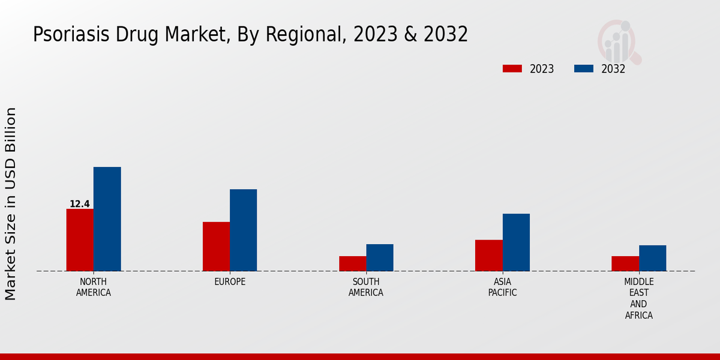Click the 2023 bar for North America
click(x=80, y=240)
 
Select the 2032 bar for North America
click(x=107, y=219)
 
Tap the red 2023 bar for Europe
click(x=216, y=247)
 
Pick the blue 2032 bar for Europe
click(x=243, y=230)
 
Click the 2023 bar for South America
click(x=352, y=263)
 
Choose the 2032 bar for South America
click(x=380, y=257)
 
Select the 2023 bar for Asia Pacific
click(x=488, y=256)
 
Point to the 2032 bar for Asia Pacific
click(x=516, y=242)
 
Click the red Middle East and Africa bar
click(x=625, y=263)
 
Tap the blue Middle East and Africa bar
click(x=652, y=258)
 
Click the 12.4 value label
click(x=79, y=204)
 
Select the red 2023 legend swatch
click(x=512, y=68)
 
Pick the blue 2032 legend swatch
click(x=584, y=68)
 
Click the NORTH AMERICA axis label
click(x=94, y=287)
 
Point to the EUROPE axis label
click(x=230, y=282)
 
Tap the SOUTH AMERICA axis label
click(x=366, y=287)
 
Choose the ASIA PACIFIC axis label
click(x=503, y=287)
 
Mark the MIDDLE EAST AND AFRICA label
click(x=639, y=298)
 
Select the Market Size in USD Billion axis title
click(x=11, y=204)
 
